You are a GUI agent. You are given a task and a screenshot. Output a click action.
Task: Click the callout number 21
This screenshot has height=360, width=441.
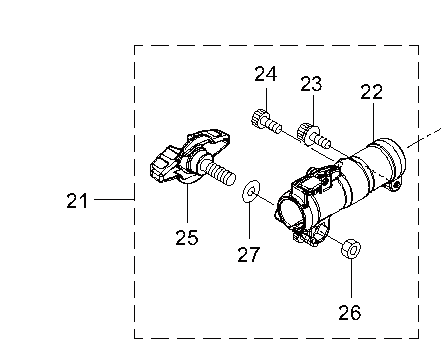(77, 201)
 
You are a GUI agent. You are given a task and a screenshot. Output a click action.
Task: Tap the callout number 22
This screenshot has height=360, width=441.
(371, 92)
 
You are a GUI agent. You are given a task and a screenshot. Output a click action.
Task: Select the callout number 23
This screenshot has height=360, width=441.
(311, 84)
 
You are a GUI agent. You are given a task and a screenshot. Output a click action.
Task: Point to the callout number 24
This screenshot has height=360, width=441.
(266, 74)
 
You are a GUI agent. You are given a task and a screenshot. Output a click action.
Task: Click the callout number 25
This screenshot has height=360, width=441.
(187, 237)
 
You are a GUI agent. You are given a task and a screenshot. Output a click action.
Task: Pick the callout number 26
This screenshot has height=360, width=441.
(350, 312)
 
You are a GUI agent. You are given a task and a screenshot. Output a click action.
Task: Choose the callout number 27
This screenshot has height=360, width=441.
(248, 254)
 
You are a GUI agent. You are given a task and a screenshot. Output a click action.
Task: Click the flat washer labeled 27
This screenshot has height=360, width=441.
(251, 191)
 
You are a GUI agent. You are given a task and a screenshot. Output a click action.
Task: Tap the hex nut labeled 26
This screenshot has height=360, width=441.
(351, 249)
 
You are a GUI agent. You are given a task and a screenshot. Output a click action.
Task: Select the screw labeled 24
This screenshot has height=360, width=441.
(266, 122)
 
